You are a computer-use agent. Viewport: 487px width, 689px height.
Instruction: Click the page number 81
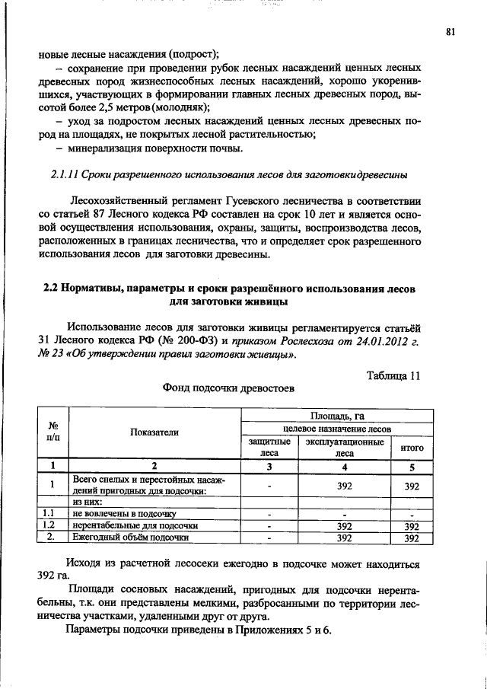450,31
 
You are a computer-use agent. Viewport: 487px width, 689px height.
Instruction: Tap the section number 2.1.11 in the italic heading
64,175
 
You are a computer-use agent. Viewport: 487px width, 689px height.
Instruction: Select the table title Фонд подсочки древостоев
228,388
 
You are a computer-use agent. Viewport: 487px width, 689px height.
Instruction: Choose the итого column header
412,448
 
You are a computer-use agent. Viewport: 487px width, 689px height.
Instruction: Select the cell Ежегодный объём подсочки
130,537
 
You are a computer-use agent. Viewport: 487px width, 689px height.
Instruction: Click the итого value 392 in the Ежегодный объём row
412,537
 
